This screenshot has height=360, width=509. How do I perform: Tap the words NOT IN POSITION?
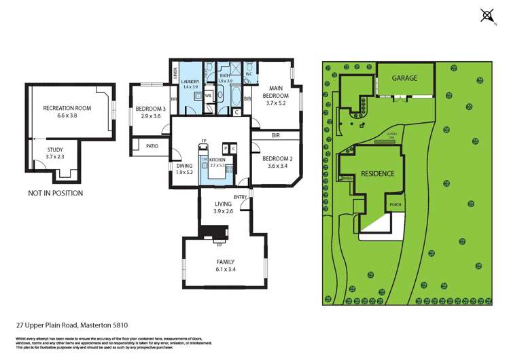[x=55, y=193]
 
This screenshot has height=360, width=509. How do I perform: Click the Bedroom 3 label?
[x=150, y=109]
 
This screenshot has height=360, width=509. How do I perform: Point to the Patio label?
[x=151, y=145]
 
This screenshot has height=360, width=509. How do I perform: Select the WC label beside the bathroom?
[x=249, y=73]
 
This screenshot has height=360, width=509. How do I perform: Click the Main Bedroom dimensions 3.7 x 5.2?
[x=275, y=103]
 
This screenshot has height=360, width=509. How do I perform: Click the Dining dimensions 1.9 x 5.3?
[x=184, y=172]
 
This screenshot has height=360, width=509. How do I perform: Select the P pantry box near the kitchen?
[x=225, y=148]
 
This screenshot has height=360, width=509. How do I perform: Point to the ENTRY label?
[x=239, y=197]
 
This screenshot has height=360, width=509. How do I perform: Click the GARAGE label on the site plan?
[x=404, y=78]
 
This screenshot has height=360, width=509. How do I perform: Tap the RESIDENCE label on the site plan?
[x=377, y=174]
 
